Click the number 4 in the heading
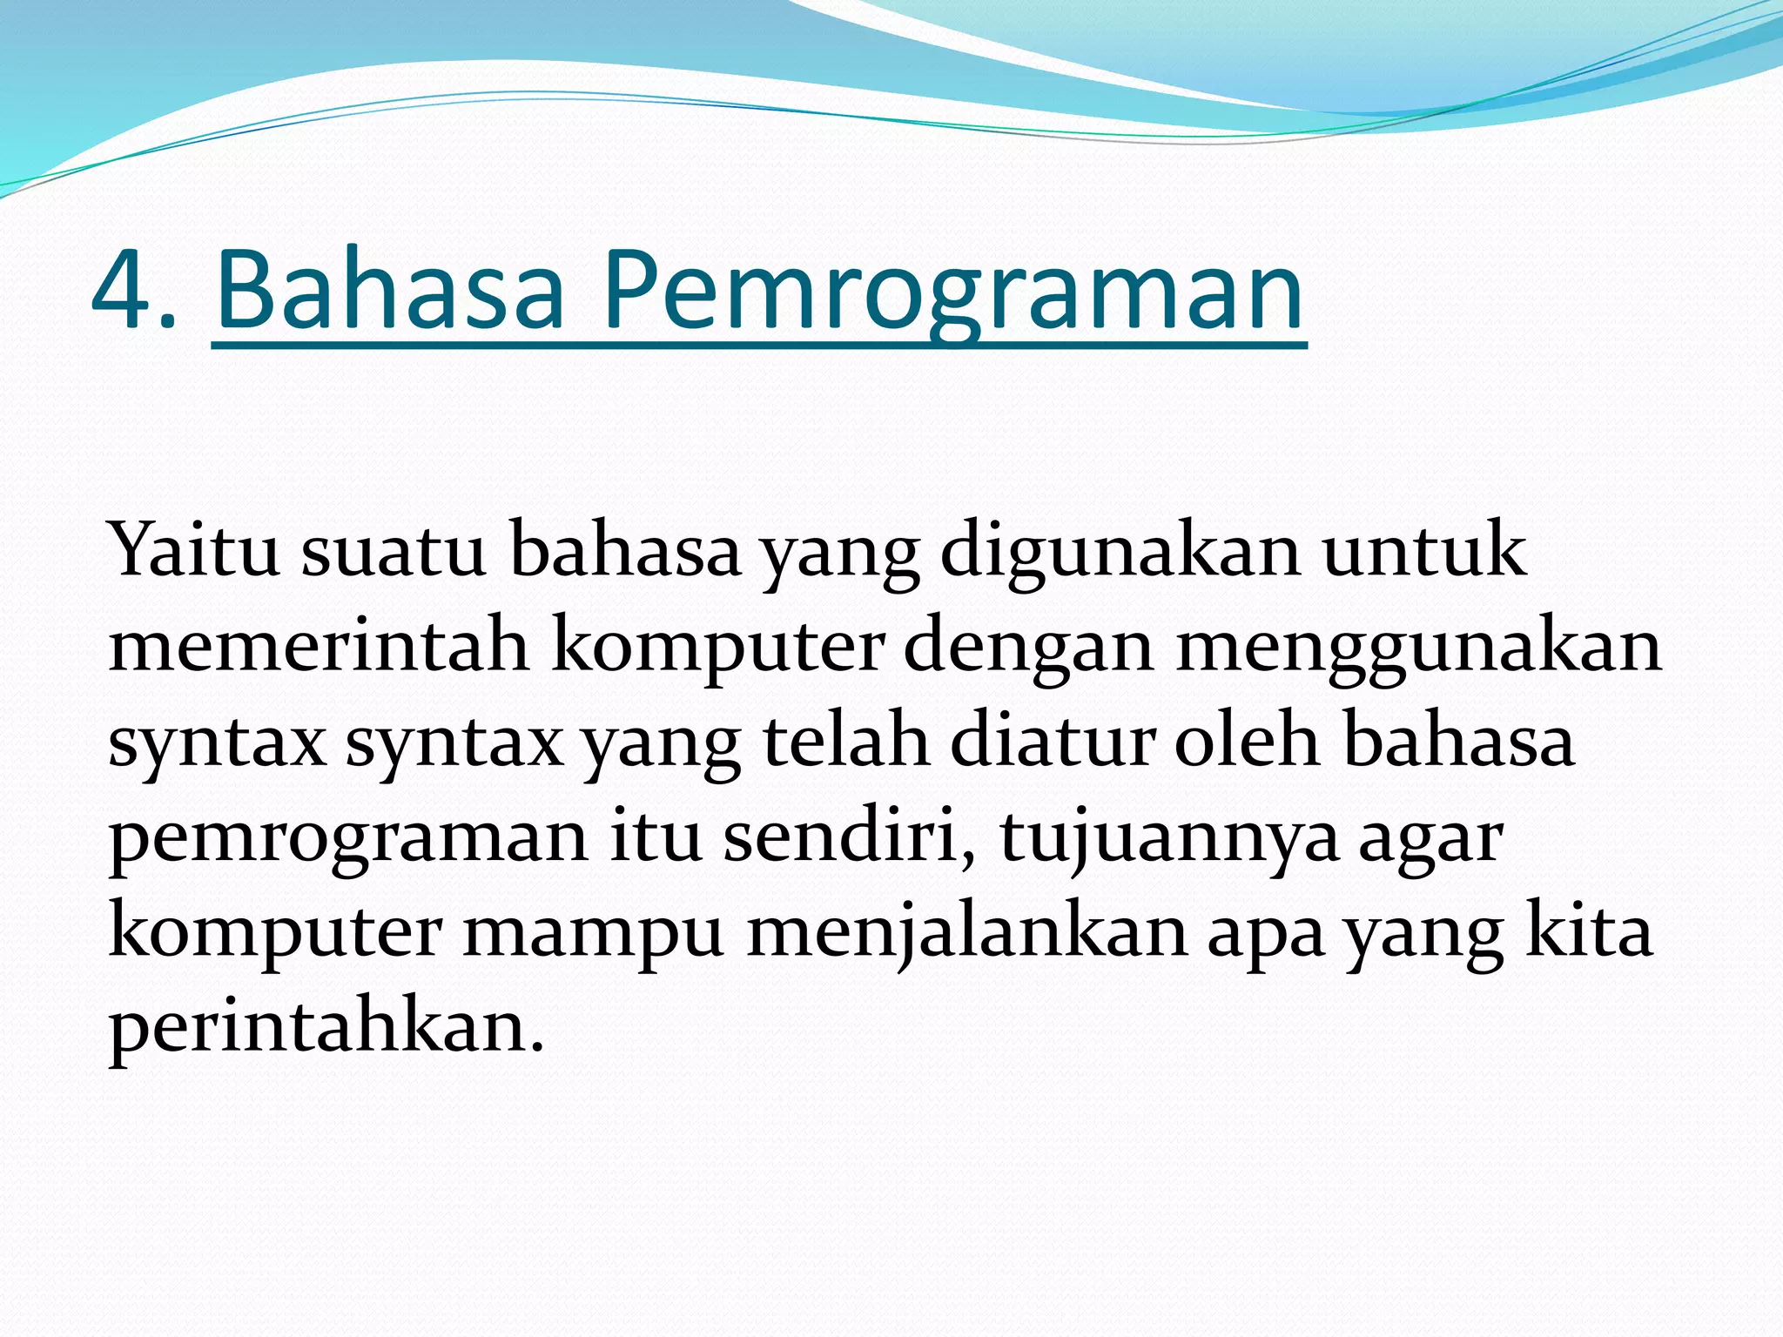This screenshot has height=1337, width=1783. [124, 292]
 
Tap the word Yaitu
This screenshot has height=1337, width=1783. [194, 550]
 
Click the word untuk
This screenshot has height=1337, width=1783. [1424, 550]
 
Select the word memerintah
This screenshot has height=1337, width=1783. [319, 646]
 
